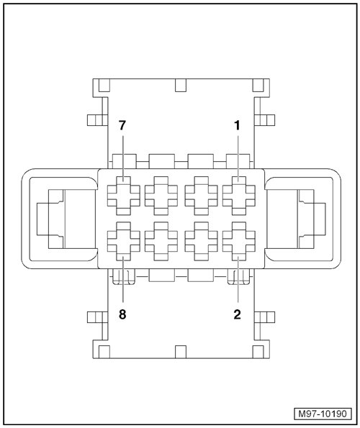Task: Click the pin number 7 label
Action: (x=122, y=126)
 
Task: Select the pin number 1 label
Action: (x=237, y=126)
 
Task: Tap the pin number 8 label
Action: (x=122, y=314)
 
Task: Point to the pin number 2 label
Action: (x=237, y=314)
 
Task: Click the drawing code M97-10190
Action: (x=323, y=414)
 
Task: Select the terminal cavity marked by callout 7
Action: (x=123, y=196)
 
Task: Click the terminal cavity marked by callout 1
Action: (x=239, y=196)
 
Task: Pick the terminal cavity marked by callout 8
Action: (x=123, y=241)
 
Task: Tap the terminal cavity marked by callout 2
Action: (x=239, y=241)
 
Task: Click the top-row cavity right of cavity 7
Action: (x=161, y=196)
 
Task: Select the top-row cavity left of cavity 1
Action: (x=202, y=196)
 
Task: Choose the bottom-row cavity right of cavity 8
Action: (x=161, y=241)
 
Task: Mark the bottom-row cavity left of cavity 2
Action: (x=202, y=241)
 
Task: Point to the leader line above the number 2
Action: (x=238, y=278)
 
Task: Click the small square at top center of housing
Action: (x=181, y=85)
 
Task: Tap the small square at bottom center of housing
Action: (x=181, y=352)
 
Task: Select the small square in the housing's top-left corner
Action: (x=104, y=85)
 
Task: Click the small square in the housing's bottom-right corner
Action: (x=258, y=352)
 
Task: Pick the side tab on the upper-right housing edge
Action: (x=264, y=120)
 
